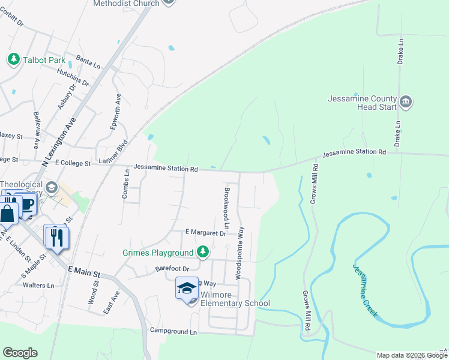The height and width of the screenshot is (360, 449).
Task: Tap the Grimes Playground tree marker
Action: tap(203, 252)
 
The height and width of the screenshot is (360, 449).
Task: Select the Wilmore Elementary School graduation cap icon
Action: tap(187, 288)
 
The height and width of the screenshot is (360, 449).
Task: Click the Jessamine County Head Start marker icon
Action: tap(406, 102)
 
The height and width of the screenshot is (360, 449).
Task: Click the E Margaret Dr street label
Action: tap(205, 232)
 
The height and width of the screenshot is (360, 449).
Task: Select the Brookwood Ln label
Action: tap(226, 208)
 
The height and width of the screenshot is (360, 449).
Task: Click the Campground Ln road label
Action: tap(173, 331)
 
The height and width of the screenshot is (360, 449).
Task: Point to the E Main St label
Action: tap(83, 272)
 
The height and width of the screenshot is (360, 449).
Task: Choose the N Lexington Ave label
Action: tap(59, 139)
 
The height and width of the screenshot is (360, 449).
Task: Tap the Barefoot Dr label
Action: tap(172, 268)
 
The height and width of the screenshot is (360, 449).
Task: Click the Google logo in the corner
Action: tap(20, 353)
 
